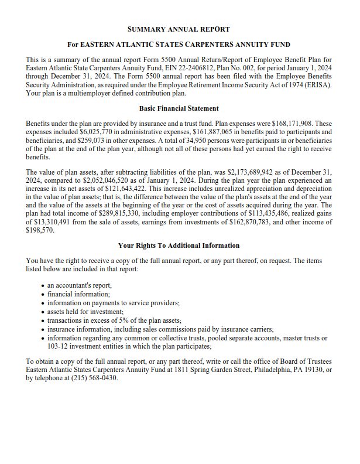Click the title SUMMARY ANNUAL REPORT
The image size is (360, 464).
(179, 29)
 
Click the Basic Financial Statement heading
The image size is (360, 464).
(179, 108)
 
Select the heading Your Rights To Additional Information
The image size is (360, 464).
(179, 245)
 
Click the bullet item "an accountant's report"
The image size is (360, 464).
(80, 285)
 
